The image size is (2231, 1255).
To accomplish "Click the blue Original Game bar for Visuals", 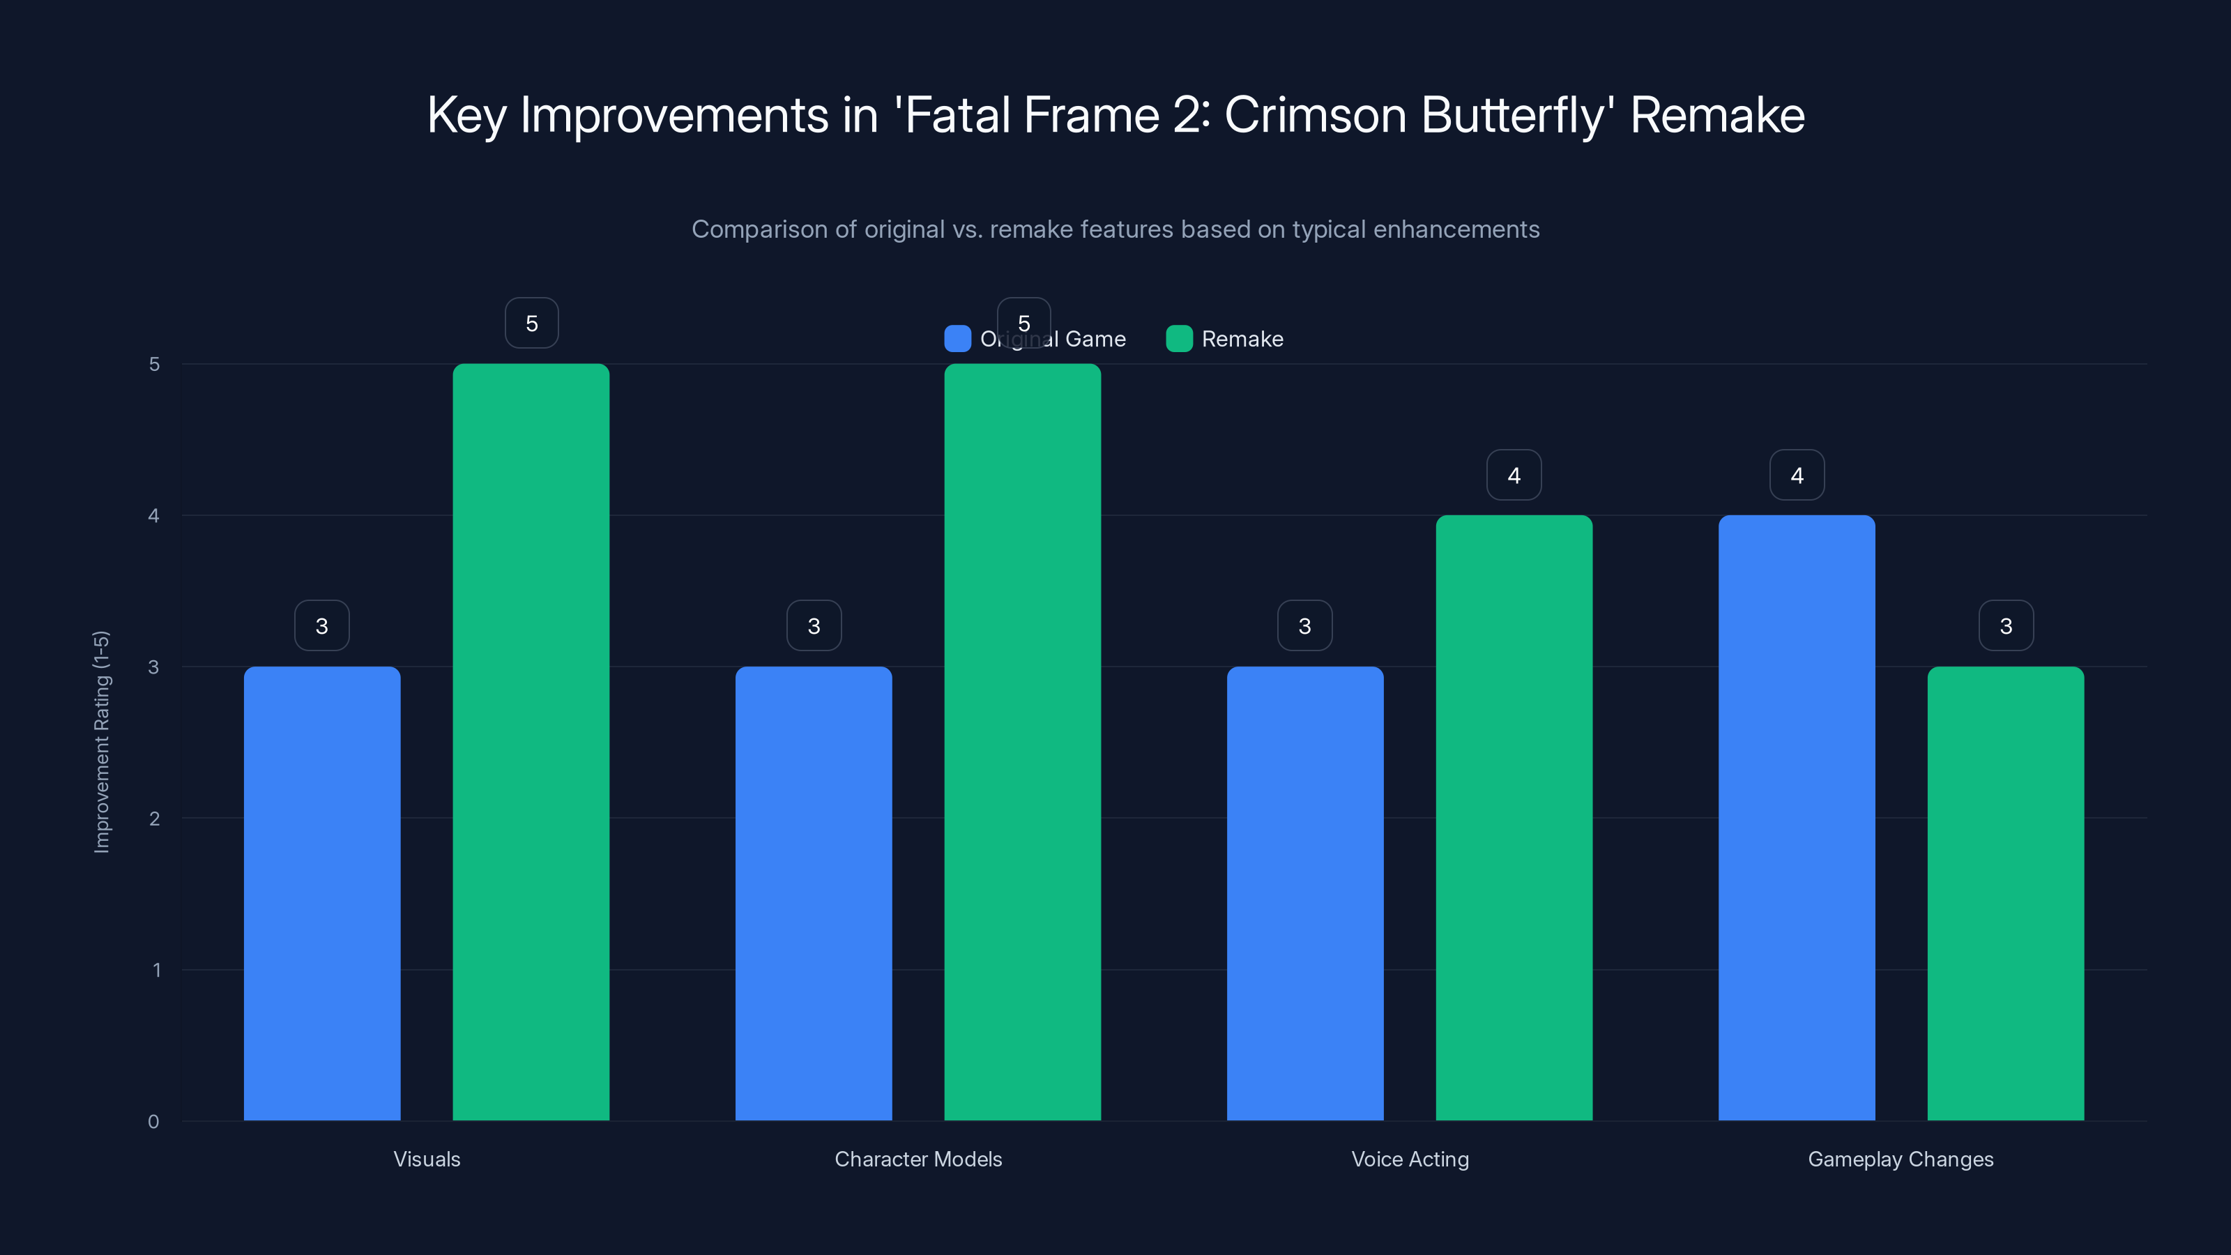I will tap(321, 893).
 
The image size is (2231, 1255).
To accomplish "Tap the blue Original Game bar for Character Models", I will tap(813, 893).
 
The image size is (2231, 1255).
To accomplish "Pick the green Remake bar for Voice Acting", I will tap(1514, 818).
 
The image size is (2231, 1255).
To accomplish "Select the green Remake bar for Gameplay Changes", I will tap(2006, 893).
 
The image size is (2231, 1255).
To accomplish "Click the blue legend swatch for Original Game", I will tap(957, 339).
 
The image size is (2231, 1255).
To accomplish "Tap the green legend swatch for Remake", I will tap(1179, 339).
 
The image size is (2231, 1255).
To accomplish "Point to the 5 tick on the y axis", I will tap(154, 365).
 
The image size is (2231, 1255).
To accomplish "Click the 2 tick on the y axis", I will tap(154, 819).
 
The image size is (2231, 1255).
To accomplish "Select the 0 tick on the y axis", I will tap(153, 1122).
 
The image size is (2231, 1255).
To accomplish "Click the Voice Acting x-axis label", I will tap(1410, 1159).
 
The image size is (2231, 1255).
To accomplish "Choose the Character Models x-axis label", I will tap(918, 1159).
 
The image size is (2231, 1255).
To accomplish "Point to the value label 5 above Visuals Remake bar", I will tap(532, 323).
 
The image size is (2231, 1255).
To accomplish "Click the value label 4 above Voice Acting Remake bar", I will tap(1514, 475).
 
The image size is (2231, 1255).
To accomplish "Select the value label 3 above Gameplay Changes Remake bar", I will tap(2006, 625).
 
